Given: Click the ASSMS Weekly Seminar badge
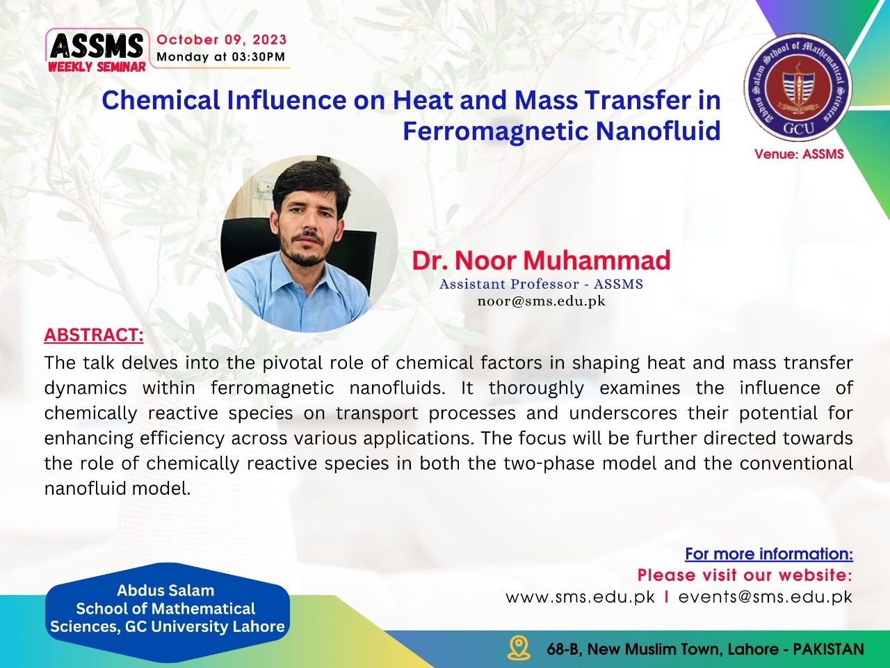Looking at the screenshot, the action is (97, 51).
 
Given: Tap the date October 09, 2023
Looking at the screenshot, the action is (222, 40).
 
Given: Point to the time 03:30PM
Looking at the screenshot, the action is (258, 57).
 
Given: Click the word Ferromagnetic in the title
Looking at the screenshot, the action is (496, 132).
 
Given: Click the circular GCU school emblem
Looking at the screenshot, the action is (798, 87).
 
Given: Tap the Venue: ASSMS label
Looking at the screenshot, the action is (799, 154).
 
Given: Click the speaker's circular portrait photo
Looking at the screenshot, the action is (309, 244).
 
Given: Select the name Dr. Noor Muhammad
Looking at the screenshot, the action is (541, 260).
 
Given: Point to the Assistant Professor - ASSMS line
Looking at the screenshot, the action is (541, 284).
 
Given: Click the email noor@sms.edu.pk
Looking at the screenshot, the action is (541, 301).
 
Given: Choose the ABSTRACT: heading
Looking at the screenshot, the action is (94, 335).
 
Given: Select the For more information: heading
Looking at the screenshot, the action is (769, 554).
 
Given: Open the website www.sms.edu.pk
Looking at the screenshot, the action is (580, 597).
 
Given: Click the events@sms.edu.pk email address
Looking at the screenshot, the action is (766, 597).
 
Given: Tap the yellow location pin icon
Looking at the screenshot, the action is (519, 647).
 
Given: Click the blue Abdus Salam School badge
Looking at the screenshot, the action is (167, 608).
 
